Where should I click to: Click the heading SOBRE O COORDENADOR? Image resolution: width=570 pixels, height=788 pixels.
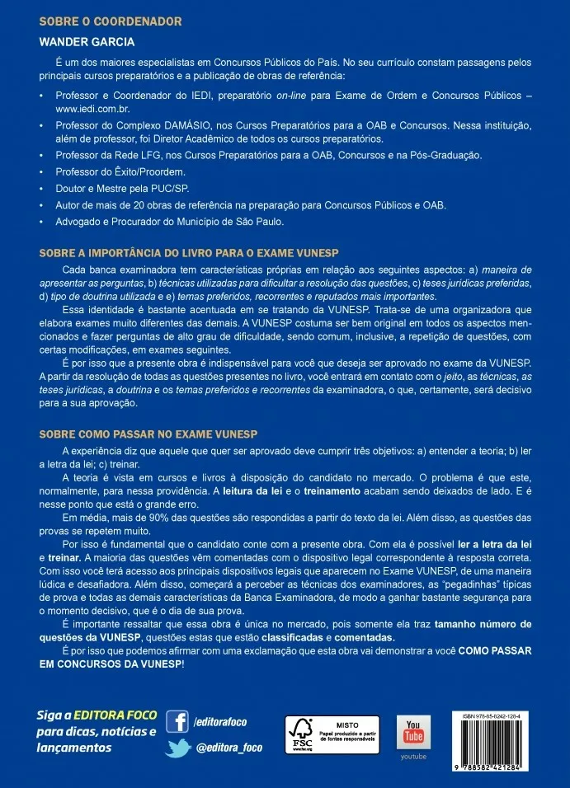tap(111, 21)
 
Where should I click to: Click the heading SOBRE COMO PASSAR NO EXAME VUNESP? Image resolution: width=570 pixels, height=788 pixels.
tap(150, 434)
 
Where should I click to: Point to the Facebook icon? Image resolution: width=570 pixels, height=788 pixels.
tap(177, 722)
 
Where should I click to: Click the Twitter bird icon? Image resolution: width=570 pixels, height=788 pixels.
tap(177, 748)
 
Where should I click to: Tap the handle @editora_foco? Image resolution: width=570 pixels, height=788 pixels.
tap(234, 748)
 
